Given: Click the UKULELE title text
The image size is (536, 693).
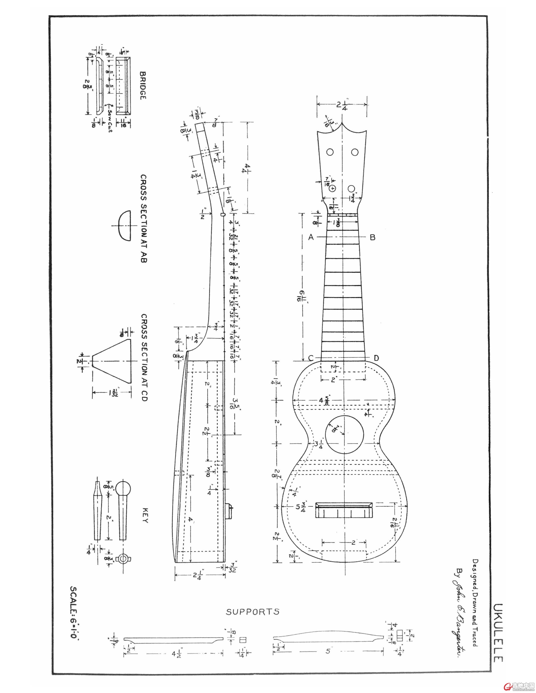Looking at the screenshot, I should click(498, 633).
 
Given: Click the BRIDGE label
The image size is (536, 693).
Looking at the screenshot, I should click(143, 86).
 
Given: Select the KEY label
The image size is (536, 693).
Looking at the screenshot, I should click(145, 516).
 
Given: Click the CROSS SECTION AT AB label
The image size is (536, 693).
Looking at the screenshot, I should click(144, 218).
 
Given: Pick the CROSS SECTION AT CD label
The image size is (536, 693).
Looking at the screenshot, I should click(144, 358).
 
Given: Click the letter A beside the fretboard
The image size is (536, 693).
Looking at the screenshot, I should click(311, 237).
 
